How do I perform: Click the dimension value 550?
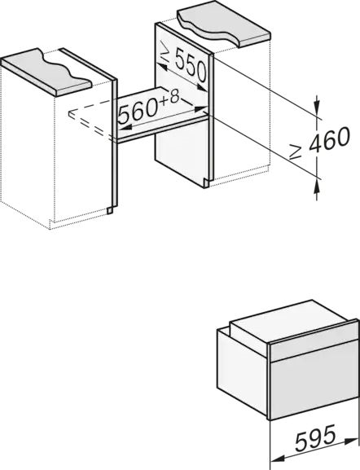[x=191, y=66]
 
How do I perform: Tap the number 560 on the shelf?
[x=138, y=111]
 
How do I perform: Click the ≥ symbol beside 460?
[x=296, y=152]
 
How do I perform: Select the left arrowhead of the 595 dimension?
[x=278, y=458]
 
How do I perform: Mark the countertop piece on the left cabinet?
[x=46, y=72]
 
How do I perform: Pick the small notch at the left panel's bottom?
[x=110, y=211]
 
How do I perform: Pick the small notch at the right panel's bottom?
[x=206, y=183]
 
